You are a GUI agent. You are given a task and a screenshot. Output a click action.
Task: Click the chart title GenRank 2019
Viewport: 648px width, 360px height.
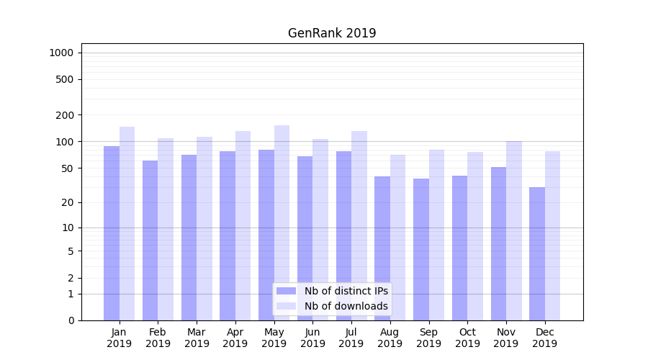pyautogui.click(x=332, y=33)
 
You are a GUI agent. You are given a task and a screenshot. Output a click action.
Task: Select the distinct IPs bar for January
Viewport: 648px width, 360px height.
pyautogui.click(x=112, y=233)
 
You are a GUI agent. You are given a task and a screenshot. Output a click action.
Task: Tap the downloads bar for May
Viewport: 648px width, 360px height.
pyautogui.click(x=282, y=222)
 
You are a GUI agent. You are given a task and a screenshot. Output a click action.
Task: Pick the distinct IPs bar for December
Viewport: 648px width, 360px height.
pyautogui.click(x=537, y=253)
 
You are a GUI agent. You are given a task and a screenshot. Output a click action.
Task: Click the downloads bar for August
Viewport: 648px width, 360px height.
pyautogui.click(x=397, y=238)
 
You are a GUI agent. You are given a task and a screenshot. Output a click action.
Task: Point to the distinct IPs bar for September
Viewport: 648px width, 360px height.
pyautogui.click(x=421, y=249)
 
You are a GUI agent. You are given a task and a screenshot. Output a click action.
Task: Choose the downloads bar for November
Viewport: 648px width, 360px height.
pyautogui.click(x=513, y=230)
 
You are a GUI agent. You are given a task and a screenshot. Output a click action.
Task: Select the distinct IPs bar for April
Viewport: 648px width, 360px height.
pyautogui.click(x=228, y=235)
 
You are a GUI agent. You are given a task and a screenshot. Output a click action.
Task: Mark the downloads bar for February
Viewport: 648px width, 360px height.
pyautogui.click(x=166, y=229)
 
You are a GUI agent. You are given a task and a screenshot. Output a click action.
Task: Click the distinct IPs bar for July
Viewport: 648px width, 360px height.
pyautogui.click(x=343, y=235)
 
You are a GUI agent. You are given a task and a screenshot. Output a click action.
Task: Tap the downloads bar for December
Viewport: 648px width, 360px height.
pyautogui.click(x=552, y=235)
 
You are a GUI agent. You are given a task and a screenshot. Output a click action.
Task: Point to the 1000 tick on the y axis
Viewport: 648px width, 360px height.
pyautogui.click(x=61, y=53)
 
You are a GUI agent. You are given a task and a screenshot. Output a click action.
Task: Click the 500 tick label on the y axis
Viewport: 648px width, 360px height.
pyautogui.click(x=65, y=79)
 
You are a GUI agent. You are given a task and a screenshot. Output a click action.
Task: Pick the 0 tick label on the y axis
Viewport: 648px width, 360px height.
pyautogui.click(x=71, y=320)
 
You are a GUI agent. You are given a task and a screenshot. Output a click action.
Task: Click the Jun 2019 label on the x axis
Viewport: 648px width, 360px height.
pyautogui.click(x=312, y=338)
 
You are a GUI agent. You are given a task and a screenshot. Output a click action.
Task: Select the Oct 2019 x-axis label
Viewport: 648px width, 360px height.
pyautogui.click(x=467, y=338)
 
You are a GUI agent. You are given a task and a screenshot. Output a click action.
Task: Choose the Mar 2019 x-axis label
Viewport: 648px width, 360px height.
pyautogui.click(x=197, y=338)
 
